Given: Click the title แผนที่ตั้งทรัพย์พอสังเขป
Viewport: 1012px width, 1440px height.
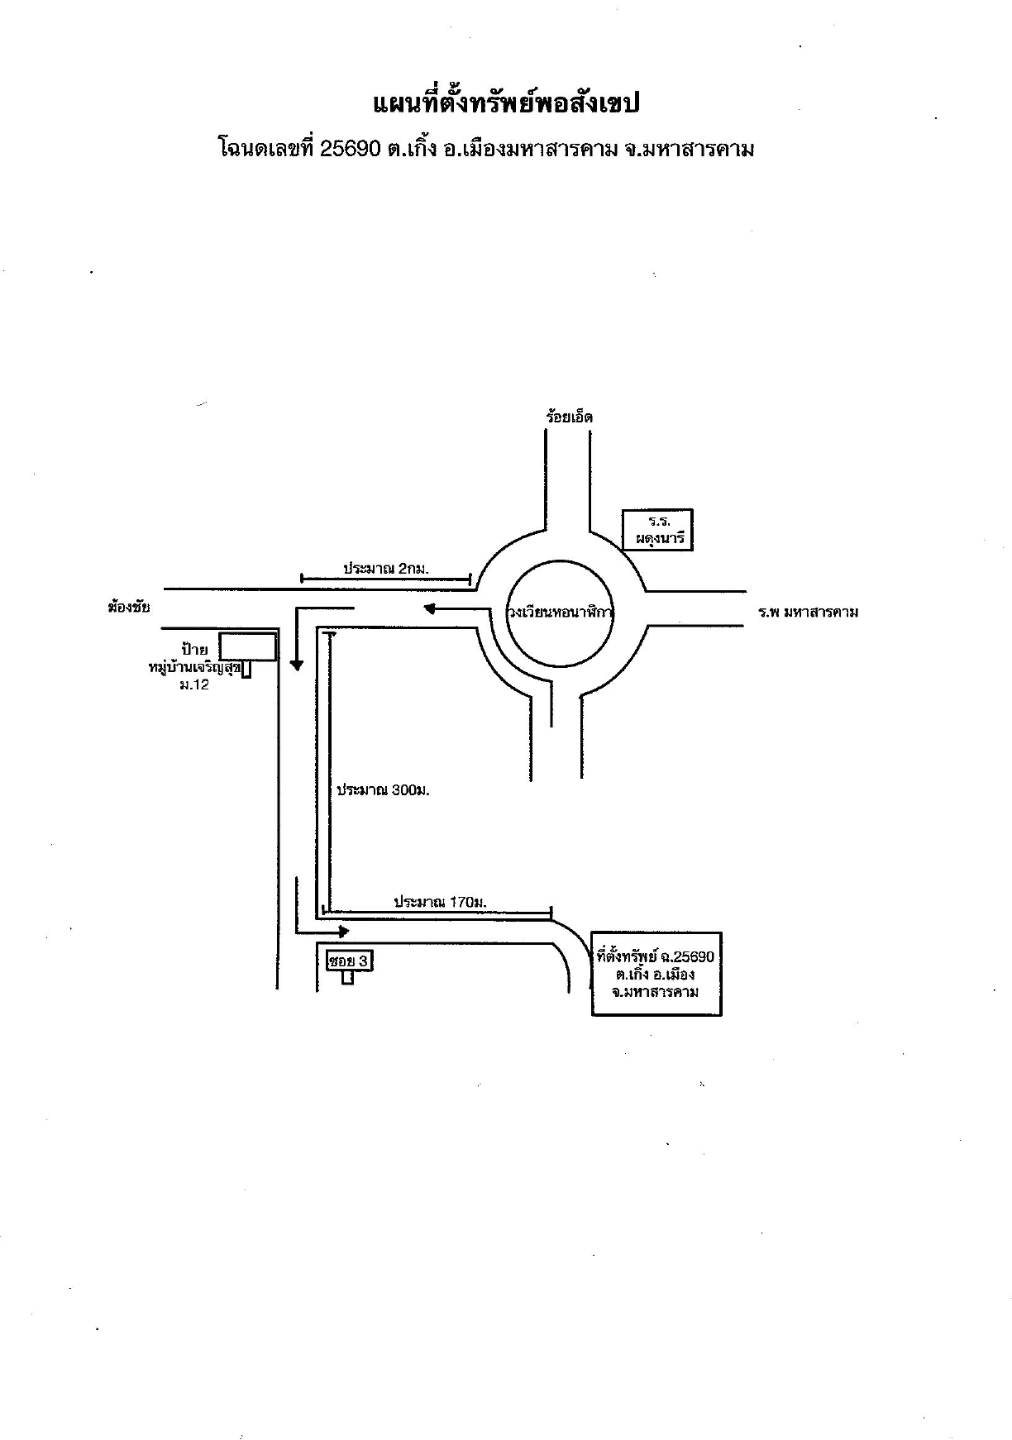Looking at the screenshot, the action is click(508, 104).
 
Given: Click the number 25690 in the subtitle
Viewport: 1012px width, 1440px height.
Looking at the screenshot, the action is click(350, 149).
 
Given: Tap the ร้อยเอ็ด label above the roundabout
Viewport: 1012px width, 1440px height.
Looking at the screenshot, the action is click(569, 417).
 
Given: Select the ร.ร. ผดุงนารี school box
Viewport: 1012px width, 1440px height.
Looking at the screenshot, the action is click(658, 531).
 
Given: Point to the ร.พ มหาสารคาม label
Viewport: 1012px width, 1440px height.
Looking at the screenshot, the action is click(809, 613).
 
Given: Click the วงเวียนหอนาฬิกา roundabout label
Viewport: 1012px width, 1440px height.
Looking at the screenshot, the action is click(560, 613).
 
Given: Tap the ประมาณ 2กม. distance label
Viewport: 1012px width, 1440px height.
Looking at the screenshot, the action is click(386, 569).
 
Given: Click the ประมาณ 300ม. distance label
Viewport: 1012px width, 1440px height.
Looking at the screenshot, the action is click(383, 790).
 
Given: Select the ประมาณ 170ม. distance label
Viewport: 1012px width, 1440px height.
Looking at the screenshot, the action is click(440, 902).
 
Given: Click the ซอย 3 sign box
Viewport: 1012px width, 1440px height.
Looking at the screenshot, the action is click(350, 961).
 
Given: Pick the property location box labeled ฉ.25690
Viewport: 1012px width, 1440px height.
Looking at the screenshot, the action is click(657, 974).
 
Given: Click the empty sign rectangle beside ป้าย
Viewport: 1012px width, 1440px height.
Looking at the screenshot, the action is click(248, 647).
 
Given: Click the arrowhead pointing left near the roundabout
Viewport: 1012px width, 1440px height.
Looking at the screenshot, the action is click(429, 610).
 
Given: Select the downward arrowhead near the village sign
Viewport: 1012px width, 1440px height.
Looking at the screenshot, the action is click(296, 664).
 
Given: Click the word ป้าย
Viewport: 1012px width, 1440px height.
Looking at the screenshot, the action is click(194, 647).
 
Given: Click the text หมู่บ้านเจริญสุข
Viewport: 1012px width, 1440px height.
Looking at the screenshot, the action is click(194, 667).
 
